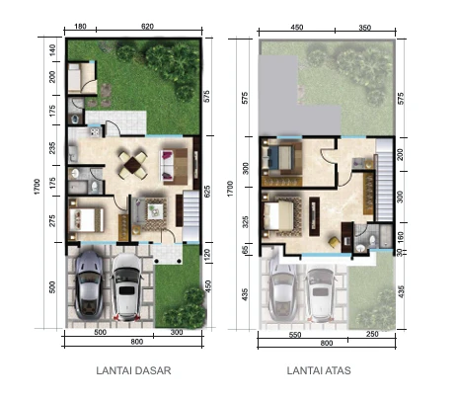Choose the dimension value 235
53,148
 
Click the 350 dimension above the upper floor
366,27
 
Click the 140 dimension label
53,46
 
